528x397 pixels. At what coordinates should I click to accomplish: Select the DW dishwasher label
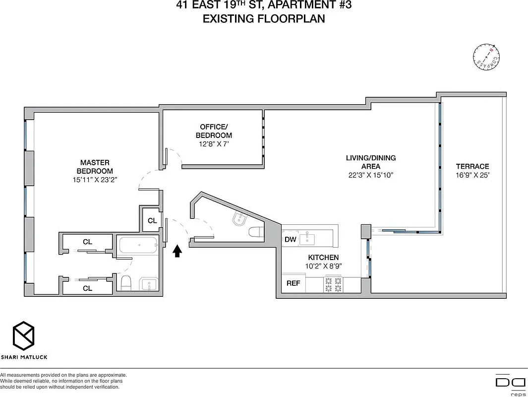click(x=291, y=240)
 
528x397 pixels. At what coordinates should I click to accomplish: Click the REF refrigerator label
click(x=293, y=284)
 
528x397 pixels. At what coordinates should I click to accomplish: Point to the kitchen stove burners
click(x=333, y=284)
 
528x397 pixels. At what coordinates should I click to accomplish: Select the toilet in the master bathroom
click(x=126, y=283)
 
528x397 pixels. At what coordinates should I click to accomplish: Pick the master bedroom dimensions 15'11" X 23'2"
click(x=95, y=180)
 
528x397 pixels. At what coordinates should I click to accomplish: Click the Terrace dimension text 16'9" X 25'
click(x=472, y=175)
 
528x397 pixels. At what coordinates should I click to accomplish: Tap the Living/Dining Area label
click(x=370, y=162)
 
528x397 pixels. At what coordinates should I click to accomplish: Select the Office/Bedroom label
click(x=214, y=131)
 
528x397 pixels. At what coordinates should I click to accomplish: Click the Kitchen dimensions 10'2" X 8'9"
click(x=323, y=266)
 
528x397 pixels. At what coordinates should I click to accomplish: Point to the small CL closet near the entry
click(x=152, y=220)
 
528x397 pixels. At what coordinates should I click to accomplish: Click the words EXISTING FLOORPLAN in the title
click(x=263, y=19)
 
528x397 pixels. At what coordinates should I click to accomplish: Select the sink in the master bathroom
click(x=148, y=284)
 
